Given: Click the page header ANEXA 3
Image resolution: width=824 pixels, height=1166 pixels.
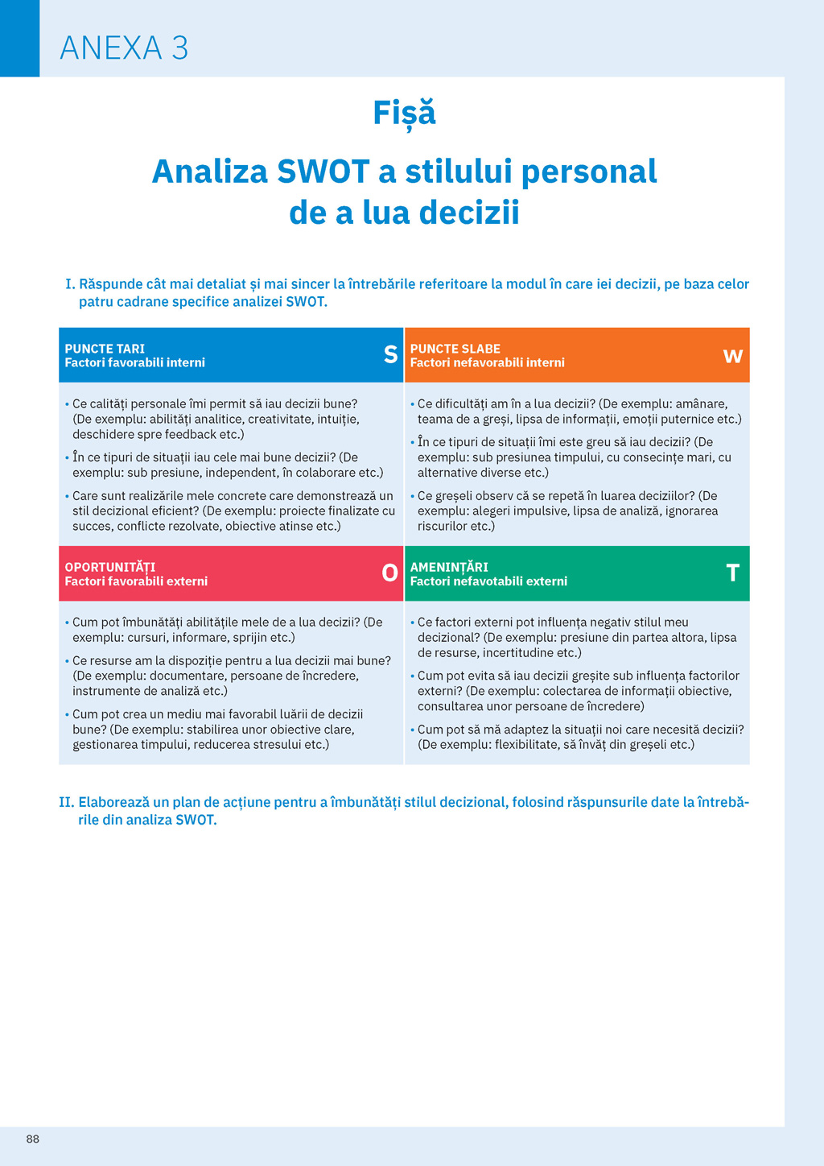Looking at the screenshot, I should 124,48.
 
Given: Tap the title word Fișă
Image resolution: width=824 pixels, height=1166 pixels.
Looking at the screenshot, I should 404,113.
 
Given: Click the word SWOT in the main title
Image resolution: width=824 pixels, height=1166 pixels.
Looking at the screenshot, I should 323,172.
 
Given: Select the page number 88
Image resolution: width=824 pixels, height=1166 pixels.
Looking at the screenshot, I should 33,1139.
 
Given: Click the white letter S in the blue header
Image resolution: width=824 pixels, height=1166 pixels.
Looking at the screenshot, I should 390,354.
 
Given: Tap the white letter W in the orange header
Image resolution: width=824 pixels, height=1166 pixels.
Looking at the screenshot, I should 732,356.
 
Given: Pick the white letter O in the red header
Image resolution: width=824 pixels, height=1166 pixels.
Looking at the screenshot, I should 389,573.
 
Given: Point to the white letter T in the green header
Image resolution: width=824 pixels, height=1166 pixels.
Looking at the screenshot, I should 732,573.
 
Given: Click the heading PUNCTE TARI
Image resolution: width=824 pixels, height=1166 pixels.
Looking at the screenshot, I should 105,349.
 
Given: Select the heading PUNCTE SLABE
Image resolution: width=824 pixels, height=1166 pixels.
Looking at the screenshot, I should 455,349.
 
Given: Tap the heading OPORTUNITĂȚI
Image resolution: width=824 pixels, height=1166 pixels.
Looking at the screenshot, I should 110,567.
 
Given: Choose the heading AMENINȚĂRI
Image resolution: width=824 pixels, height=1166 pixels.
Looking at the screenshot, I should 449,567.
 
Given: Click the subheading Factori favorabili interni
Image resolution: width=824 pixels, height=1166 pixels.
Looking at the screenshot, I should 134,363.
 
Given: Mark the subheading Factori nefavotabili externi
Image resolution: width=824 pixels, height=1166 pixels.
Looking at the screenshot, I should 488,581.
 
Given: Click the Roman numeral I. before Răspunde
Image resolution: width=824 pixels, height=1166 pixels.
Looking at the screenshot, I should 70,284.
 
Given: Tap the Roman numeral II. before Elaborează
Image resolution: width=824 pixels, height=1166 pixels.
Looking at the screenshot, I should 66,802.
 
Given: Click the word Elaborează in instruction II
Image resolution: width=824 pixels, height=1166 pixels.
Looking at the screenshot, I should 113,802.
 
